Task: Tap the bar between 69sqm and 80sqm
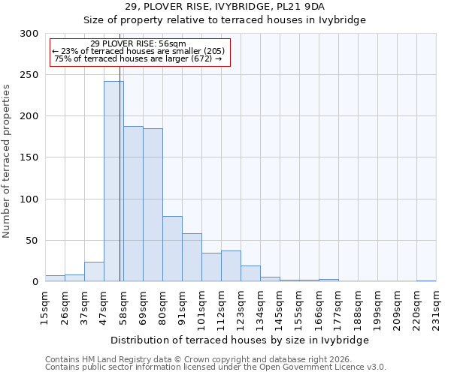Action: [x=153, y=205]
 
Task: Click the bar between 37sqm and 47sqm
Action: [x=94, y=271]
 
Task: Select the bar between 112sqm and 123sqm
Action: [x=231, y=266]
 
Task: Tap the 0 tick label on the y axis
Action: [x=34, y=282]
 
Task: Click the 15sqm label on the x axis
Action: [x=46, y=305]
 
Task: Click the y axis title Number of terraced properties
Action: [x=7, y=160]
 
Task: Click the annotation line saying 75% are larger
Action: [x=138, y=58]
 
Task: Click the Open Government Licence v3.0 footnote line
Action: [x=216, y=367]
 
